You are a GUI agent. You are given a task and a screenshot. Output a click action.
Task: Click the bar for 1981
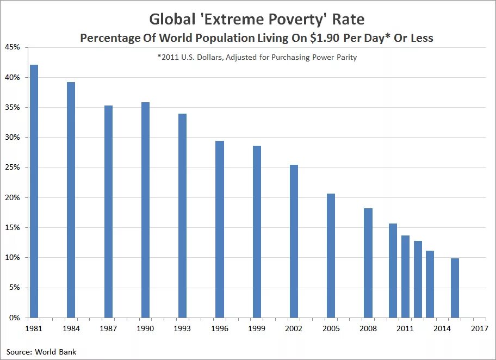tap(34, 191)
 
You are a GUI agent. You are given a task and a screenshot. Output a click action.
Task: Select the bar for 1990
tap(145, 209)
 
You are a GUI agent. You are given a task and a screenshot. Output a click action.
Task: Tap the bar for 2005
tap(331, 255)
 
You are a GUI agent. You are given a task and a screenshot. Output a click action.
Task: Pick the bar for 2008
tap(368, 263)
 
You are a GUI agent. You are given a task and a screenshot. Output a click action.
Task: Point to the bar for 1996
tap(219, 229)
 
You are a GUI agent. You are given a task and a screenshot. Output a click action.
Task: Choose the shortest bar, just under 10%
tap(455, 288)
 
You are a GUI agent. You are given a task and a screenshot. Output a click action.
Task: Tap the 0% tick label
tap(14, 318)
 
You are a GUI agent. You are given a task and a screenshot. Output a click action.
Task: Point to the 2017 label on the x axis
tap(479, 329)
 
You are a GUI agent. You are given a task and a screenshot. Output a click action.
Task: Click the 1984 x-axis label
tap(71, 329)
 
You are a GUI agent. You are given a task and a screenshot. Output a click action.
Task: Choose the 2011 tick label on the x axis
tap(405, 329)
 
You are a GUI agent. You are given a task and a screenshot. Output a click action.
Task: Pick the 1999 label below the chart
tap(256, 329)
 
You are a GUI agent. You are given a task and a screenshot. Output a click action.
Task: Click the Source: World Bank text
tap(41, 352)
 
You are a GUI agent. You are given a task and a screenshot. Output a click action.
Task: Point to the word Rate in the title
tap(350, 20)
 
